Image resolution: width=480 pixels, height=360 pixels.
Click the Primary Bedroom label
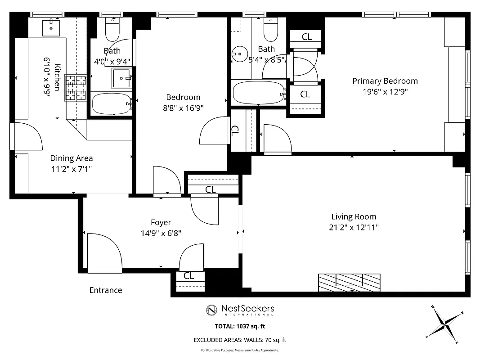click(x=385, y=81)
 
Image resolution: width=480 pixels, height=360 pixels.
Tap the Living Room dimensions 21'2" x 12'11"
click(x=354, y=228)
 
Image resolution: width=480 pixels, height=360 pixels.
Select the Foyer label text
click(x=161, y=222)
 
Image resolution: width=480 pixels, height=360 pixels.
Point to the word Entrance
click(x=106, y=290)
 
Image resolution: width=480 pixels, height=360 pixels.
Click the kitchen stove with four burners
click(x=76, y=87)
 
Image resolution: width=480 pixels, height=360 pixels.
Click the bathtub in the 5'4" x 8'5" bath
click(x=259, y=93)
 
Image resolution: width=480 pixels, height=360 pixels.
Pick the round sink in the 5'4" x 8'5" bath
click(x=238, y=55)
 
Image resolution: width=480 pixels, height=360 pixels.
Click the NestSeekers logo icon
click(x=212, y=310)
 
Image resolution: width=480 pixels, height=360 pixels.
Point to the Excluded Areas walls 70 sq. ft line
click(x=240, y=340)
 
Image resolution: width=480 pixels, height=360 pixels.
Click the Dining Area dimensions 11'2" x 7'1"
click(x=72, y=170)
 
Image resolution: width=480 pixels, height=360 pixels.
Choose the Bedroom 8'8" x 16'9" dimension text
click(x=183, y=108)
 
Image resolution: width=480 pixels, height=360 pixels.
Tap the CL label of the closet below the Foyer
click(x=189, y=276)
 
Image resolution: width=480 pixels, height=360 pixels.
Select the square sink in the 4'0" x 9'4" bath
click(x=121, y=78)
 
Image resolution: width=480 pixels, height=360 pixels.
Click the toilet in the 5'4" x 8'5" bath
click(x=271, y=31)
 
